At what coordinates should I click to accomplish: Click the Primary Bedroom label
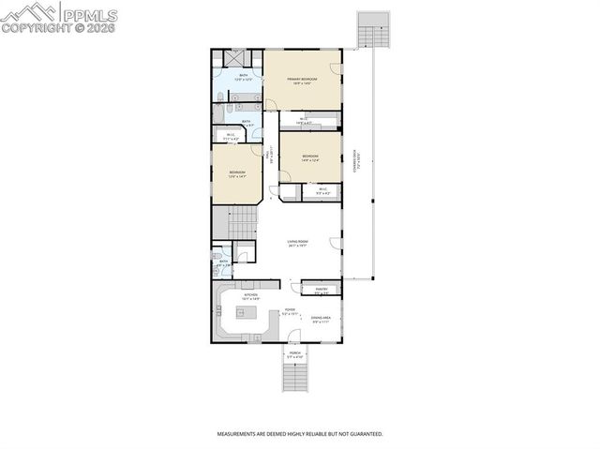[302, 78]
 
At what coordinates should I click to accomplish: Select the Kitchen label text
[251, 296]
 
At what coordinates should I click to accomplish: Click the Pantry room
[321, 291]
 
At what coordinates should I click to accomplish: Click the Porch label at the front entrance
[295, 354]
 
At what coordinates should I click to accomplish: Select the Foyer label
[291, 311]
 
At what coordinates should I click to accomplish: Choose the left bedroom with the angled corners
[237, 173]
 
